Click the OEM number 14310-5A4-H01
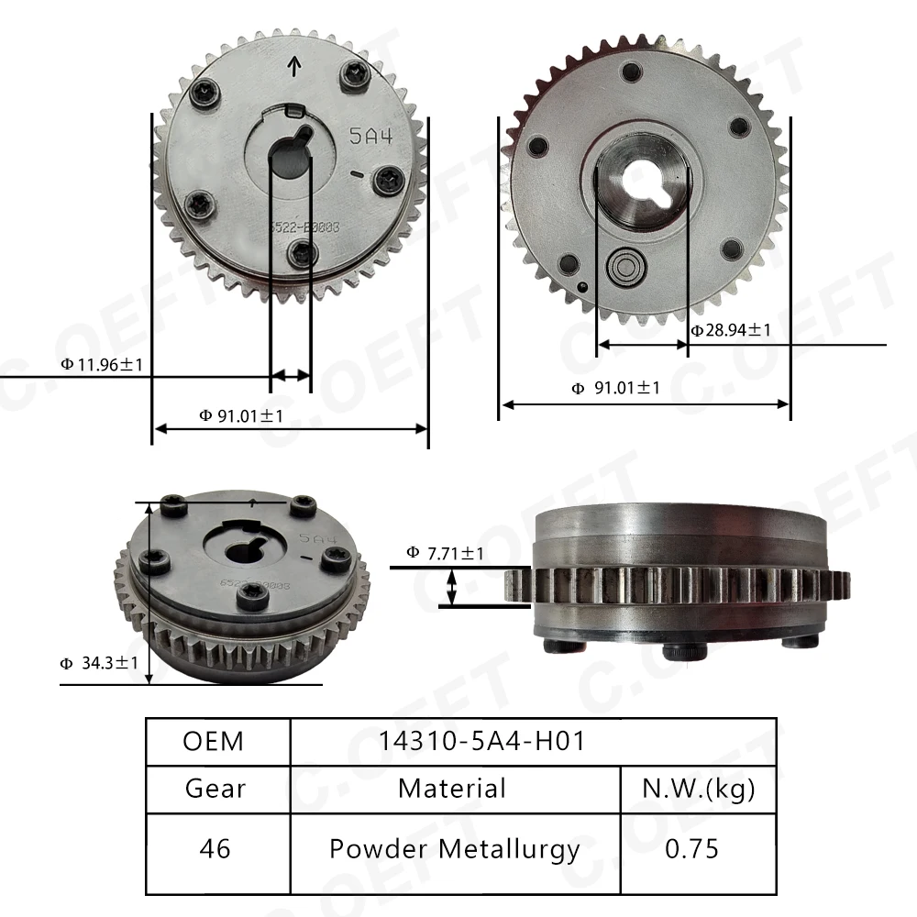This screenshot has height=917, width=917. [x=481, y=741]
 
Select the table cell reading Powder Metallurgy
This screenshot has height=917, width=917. [x=454, y=849]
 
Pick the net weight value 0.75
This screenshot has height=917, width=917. [x=692, y=849]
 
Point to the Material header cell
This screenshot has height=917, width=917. [x=452, y=788]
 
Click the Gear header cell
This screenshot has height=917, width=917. [x=215, y=788]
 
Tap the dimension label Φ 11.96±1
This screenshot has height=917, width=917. [x=102, y=364]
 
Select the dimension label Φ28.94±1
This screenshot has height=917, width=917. [x=731, y=329]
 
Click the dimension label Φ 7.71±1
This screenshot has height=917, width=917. [x=445, y=553]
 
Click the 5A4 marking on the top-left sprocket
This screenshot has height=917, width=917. [x=370, y=137]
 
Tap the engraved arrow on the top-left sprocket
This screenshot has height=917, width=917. [x=294, y=66]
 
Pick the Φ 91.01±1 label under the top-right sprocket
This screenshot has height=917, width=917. [x=615, y=388]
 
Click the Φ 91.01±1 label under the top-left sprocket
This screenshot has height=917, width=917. [x=241, y=415]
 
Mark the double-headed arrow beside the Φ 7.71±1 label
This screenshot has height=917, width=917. [x=451, y=587]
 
